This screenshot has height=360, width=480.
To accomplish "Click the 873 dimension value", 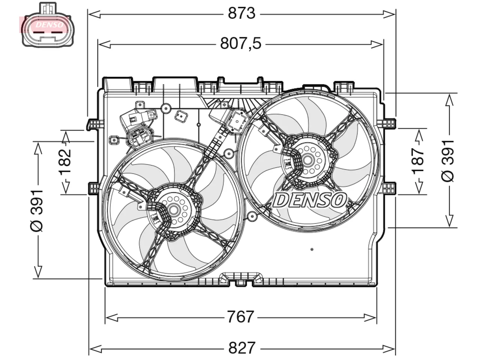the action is pyautogui.click(x=241, y=13).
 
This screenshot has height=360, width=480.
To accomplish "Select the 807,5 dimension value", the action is pyautogui.click(x=240, y=43).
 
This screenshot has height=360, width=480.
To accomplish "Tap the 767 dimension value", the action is pyautogui.click(x=240, y=317).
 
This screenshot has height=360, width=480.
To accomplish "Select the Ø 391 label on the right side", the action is pyautogui.click(x=448, y=161).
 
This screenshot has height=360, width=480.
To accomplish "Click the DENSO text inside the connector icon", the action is pyautogui.click(x=49, y=25).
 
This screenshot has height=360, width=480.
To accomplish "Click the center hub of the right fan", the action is pyautogui.click(x=308, y=160).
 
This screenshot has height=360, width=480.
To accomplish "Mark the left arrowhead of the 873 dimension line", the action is pyautogui.click(x=94, y=14).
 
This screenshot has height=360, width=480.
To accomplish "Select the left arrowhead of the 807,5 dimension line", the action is pyautogui.click(x=105, y=44).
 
